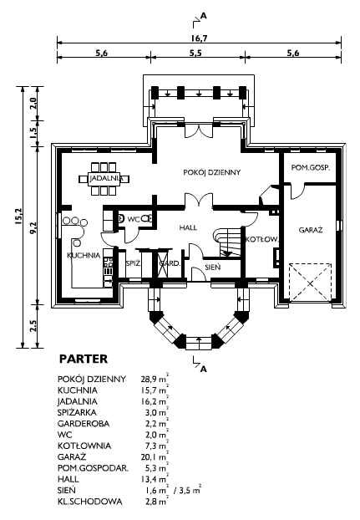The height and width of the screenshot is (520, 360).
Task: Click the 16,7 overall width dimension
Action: tap(199, 38)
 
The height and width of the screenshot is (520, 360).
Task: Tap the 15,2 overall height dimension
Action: tap(18, 217)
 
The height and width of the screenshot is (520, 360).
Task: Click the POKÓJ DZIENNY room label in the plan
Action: tap(212, 172)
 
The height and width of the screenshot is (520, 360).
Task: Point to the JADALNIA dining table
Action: tap(104, 179)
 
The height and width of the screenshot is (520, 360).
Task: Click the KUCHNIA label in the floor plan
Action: tap(84, 255)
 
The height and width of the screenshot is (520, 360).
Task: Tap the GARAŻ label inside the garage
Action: tap(311, 230)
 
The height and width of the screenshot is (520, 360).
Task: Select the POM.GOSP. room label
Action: tap(311, 168)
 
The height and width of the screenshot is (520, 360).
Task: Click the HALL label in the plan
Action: tap(188, 227)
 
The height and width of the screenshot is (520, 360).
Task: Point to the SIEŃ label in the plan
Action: tap(212, 267)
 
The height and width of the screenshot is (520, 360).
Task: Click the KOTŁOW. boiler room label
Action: tap(261, 239)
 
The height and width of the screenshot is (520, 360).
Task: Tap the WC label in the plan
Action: tap(133, 219)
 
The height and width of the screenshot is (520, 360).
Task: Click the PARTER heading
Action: tap(84, 359)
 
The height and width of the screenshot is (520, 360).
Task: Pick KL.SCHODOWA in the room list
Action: tap(89, 502)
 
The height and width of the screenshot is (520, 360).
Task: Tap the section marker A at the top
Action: tap(203, 15)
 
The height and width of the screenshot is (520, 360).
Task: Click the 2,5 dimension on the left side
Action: tap(33, 326)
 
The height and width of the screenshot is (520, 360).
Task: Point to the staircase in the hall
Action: tap(227, 242)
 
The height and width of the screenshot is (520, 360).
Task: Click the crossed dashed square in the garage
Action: tap(310, 283)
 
